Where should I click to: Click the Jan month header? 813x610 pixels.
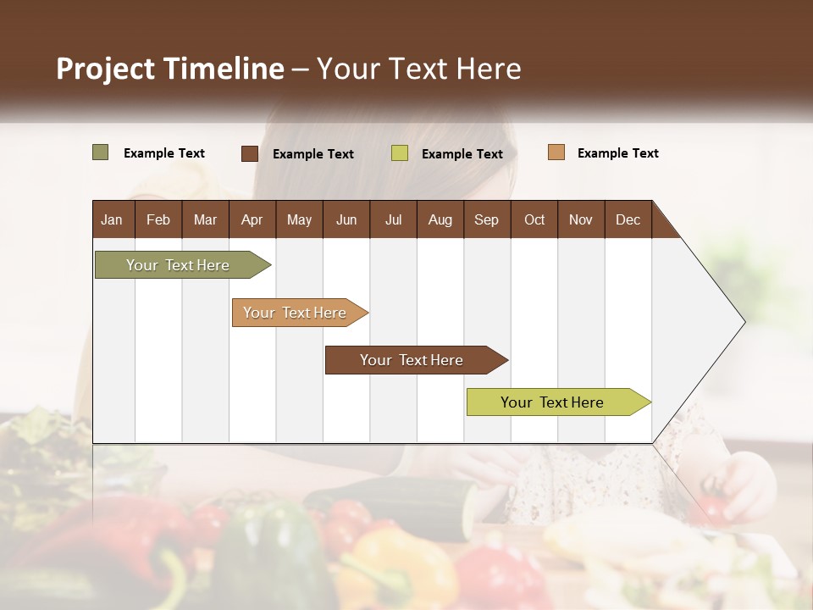click(112, 219)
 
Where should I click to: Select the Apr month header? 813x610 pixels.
click(252, 219)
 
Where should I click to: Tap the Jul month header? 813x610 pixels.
click(393, 219)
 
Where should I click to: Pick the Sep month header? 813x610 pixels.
click(486, 219)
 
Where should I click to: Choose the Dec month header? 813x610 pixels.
click(628, 219)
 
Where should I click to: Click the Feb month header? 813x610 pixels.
click(158, 219)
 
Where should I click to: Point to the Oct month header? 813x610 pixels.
click(534, 219)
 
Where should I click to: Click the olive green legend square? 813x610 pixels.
click(100, 152)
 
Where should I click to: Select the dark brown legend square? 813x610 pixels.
click(249, 153)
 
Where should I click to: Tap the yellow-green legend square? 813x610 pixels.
click(399, 153)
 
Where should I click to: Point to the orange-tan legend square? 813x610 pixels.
click(556, 152)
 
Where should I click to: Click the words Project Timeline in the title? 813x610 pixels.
click(169, 69)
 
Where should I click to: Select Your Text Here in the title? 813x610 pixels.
click(418, 69)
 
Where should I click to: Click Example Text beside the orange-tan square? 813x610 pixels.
click(617, 153)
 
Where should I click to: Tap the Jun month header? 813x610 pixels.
click(346, 219)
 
